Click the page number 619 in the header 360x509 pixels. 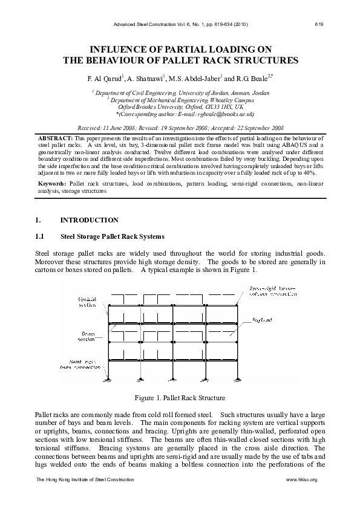318,24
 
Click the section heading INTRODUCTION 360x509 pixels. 90,221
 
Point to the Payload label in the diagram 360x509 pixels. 261,319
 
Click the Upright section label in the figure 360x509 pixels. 87,302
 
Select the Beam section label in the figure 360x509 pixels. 88,336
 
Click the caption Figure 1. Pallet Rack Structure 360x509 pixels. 180,398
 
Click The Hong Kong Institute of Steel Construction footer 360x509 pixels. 85,479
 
